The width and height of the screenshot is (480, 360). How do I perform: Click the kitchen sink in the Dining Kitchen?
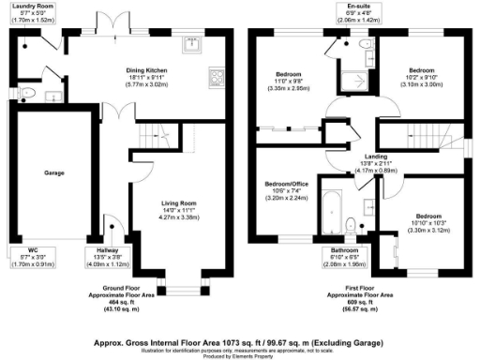point(195,42)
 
